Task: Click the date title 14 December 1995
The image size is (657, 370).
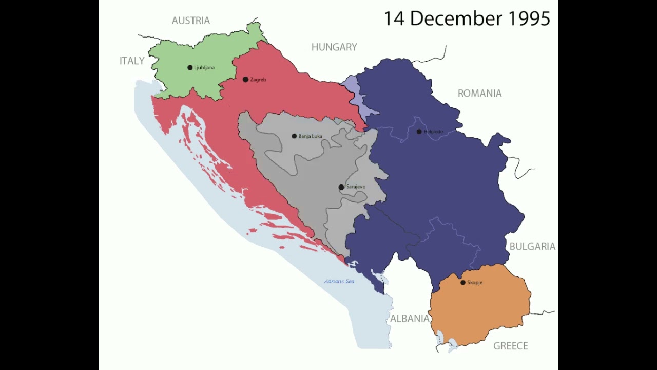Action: coord(467,19)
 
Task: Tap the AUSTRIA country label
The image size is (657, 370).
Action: coord(190,21)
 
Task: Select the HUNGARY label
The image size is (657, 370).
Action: coord(334,47)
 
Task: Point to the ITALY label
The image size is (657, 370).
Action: coord(132,61)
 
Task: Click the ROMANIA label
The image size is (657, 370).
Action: coord(479,94)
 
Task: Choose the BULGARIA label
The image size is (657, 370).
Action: coord(532,247)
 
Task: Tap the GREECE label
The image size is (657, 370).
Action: coord(510,346)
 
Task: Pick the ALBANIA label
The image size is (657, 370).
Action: coord(410,319)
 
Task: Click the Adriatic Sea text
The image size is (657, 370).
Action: coord(339,281)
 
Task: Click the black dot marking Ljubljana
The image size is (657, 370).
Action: coord(190,68)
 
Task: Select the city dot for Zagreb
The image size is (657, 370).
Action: coord(245,80)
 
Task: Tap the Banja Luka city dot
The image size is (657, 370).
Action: coord(294,136)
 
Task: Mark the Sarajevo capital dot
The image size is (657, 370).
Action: coord(341,187)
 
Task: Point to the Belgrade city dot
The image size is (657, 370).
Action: coord(419,132)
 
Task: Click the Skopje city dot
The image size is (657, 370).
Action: coord(463,283)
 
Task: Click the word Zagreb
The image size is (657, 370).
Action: coord(258,80)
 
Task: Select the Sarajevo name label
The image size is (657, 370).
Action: coord(356,187)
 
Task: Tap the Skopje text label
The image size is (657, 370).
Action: coord(475,283)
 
